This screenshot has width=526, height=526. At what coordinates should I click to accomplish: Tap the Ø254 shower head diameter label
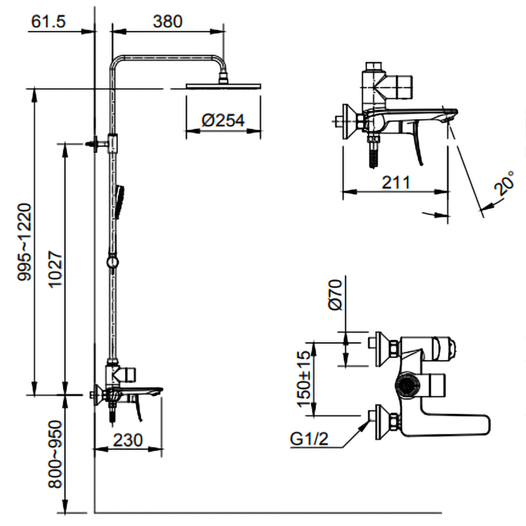click(x=224, y=120)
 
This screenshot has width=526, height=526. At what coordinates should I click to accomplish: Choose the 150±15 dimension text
click(x=305, y=378)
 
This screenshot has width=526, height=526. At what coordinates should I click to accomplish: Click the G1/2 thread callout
click(x=309, y=439)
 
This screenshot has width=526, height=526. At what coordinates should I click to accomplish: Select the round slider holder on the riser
click(x=112, y=261)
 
